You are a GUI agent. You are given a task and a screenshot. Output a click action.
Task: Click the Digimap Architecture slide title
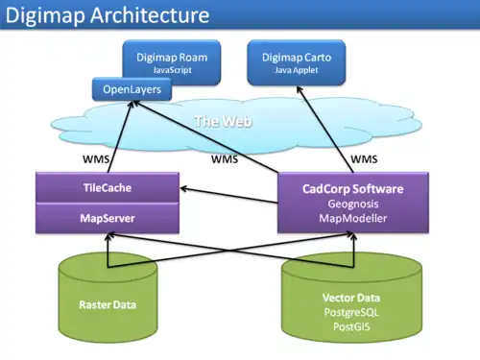tap(108, 15)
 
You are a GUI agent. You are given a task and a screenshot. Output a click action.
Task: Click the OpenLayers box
tap(132, 90)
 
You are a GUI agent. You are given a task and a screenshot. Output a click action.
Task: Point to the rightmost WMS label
tap(364, 157)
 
